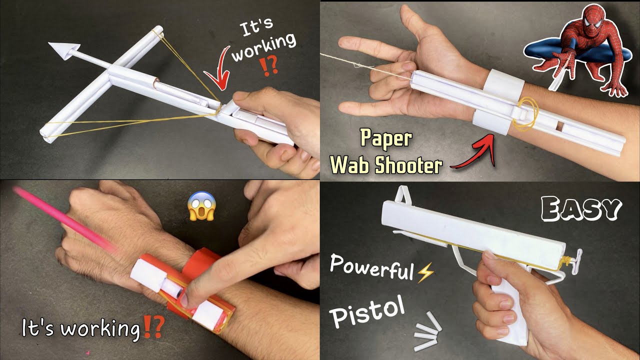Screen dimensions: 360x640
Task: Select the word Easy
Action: [x=580, y=208]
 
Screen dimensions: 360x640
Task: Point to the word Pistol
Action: [x=367, y=312]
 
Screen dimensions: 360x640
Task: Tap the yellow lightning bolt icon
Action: [x=426, y=272]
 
